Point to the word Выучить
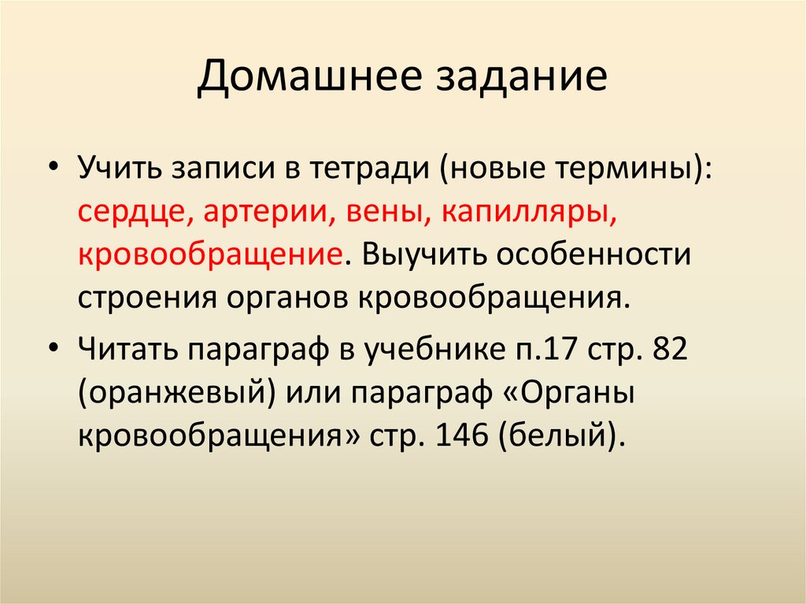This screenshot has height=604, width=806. pyautogui.click(x=430, y=256)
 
